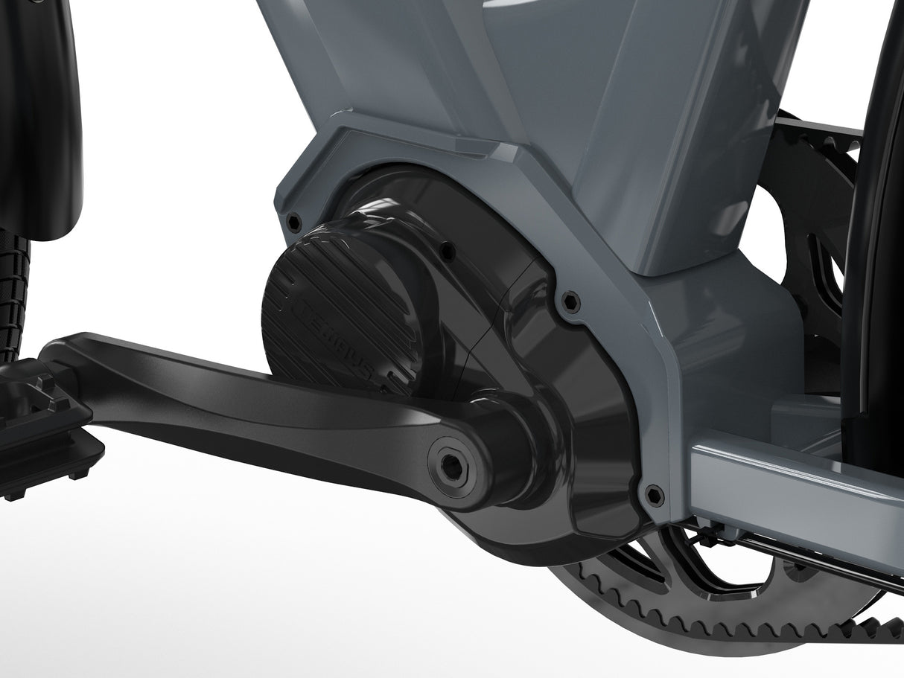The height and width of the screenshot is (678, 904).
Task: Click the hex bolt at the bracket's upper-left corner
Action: (295, 221)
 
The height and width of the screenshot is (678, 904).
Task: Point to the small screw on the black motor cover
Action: (449, 251)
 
